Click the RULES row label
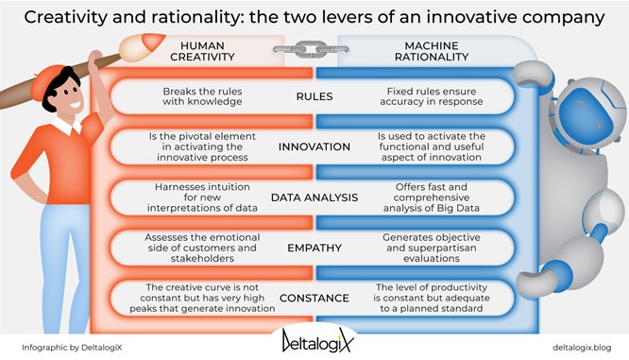pyautogui.click(x=314, y=96)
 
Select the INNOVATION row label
pyautogui.click(x=314, y=147)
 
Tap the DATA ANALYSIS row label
pyautogui.click(x=314, y=197)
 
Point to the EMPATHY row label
pyautogui.click(x=314, y=249)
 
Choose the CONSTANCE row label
pyautogui.click(x=314, y=300)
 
